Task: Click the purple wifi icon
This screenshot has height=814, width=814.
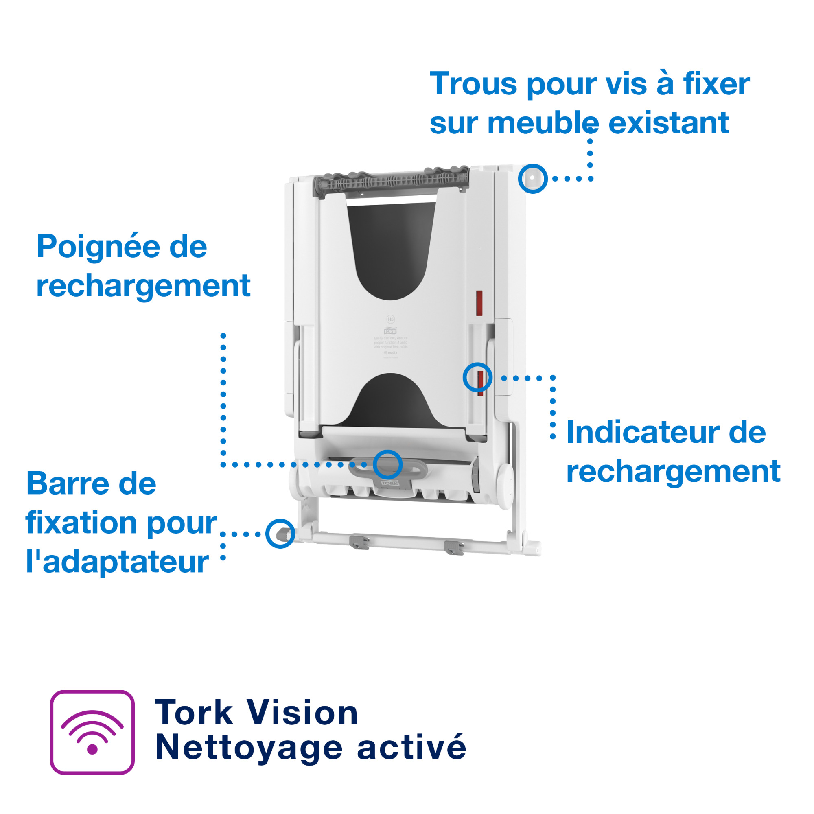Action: [x=92, y=732]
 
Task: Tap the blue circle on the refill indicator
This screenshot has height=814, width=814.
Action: [x=477, y=377]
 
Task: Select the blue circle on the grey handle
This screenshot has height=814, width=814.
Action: [x=387, y=464]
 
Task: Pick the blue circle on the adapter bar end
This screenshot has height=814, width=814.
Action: [x=280, y=534]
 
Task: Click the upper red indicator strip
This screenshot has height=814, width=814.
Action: [x=479, y=303]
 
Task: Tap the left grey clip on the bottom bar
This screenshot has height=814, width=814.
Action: [x=359, y=542]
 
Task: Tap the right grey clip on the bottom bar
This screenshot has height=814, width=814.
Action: [x=454, y=548]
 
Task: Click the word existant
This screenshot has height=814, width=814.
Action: [x=669, y=123]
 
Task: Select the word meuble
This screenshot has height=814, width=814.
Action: [x=543, y=123]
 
